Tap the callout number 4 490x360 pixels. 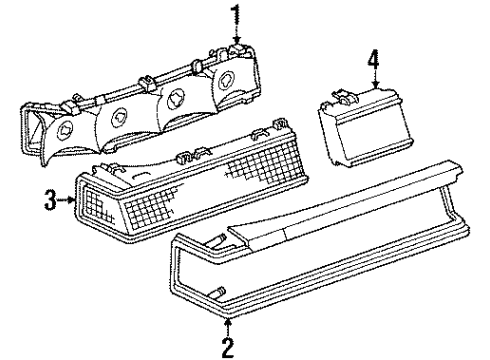click(x=373, y=61)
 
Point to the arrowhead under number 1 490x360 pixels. click(x=236, y=41)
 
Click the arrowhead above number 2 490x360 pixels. click(x=229, y=325)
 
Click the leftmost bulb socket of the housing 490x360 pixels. click(x=69, y=130)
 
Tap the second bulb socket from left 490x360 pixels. click(x=122, y=114)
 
